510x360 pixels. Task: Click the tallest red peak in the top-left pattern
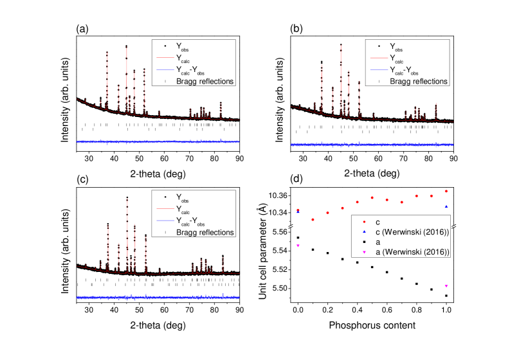(x=126, y=49)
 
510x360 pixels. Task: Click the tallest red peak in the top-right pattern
(x=340, y=46)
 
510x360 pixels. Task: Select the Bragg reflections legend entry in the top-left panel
(x=205, y=81)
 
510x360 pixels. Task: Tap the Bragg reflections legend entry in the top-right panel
(x=418, y=81)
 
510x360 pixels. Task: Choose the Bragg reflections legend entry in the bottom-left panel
(x=205, y=232)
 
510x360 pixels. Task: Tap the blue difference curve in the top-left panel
(x=158, y=141)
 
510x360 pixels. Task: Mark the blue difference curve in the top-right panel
(x=373, y=145)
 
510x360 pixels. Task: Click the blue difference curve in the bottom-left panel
(x=158, y=297)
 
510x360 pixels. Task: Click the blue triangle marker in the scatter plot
(x=446, y=207)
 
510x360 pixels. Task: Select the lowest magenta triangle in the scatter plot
(x=446, y=286)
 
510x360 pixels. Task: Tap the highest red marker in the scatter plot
(x=446, y=191)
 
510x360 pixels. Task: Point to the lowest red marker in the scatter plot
(x=313, y=220)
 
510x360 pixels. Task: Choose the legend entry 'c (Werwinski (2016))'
(x=412, y=231)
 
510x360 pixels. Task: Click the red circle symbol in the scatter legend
(x=365, y=222)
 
